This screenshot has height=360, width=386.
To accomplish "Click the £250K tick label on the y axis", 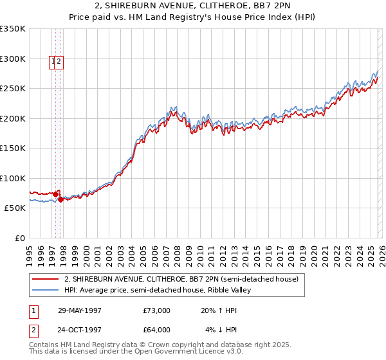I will [13, 88].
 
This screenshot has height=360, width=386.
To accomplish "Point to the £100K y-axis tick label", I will [13, 178].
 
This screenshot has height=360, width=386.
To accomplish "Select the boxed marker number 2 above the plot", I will [59, 62].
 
